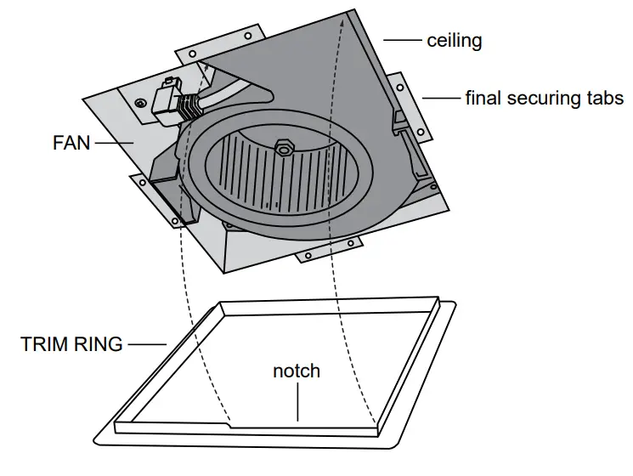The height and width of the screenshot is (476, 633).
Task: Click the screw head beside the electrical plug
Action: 139,104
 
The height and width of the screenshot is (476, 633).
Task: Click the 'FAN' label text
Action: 71,143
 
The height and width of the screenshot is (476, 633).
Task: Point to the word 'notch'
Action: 297,371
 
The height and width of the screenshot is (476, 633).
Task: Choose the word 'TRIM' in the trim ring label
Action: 46,344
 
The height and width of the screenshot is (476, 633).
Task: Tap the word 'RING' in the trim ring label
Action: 101,344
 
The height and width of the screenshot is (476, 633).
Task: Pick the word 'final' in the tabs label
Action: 484,98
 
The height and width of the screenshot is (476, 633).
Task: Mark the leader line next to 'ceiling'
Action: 404,40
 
